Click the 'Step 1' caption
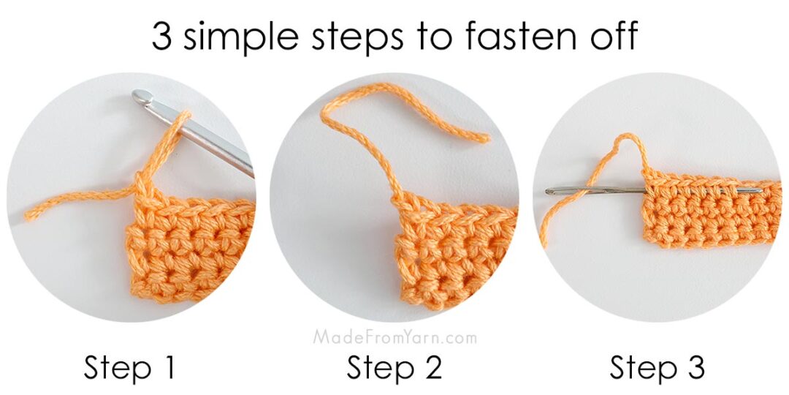point(129,368)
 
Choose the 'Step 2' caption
point(394,368)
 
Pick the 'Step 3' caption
point(657,368)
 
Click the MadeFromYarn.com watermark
point(394,337)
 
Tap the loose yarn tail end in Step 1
point(29,215)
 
